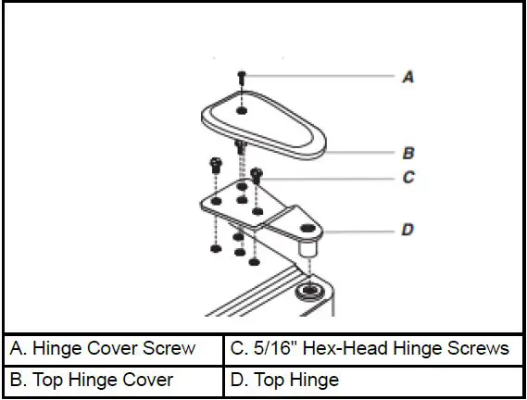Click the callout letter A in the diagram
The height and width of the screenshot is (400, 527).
click(408, 79)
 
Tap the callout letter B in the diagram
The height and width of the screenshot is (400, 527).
click(408, 153)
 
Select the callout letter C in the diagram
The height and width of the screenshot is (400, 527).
click(408, 178)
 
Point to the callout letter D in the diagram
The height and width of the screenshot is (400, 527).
click(408, 229)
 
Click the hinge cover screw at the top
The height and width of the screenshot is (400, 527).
click(241, 78)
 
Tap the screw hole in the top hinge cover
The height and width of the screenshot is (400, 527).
click(242, 110)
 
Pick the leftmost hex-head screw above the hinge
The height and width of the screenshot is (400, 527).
click(214, 168)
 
